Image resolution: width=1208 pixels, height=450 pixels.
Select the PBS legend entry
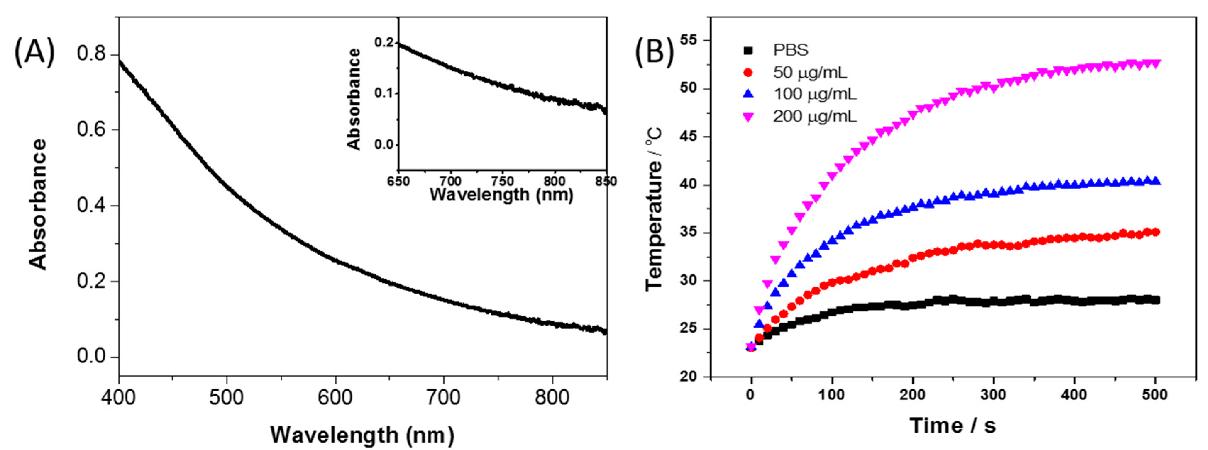click(791, 50)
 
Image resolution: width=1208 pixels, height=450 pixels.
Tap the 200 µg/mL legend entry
click(815, 116)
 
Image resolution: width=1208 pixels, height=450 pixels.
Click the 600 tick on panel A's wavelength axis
click(335, 398)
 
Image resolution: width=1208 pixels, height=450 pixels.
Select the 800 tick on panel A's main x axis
click(552, 398)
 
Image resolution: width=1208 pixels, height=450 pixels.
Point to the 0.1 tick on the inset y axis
click(383, 93)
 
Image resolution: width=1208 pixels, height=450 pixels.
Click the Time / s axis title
click(953, 425)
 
